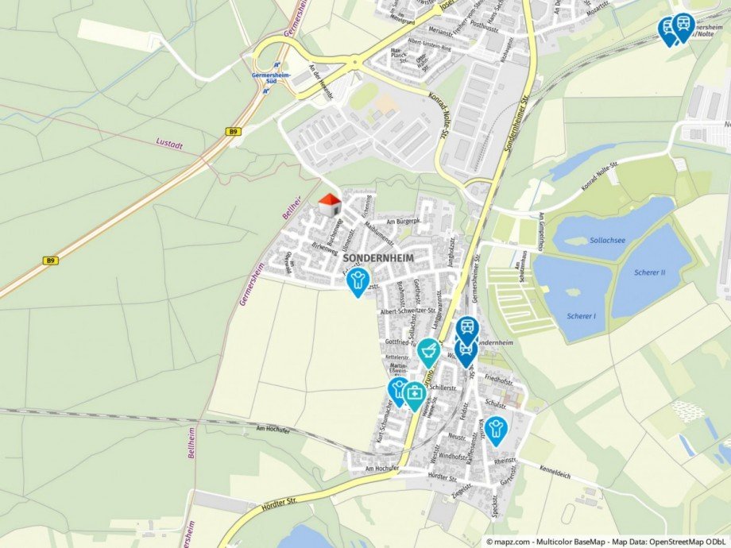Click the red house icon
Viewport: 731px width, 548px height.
pos(329,205)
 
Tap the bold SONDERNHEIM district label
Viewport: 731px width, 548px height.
pos(378,259)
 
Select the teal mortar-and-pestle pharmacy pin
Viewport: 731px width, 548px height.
pos(428,351)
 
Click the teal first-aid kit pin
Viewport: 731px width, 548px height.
pos(415,393)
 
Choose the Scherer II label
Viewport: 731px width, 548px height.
pos(650,272)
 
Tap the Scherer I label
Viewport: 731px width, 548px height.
pos(582,316)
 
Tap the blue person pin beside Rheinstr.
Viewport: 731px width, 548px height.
pos(496,430)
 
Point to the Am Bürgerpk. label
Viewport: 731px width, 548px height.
pos(401,222)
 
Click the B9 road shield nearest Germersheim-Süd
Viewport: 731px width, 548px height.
pos(232,132)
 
